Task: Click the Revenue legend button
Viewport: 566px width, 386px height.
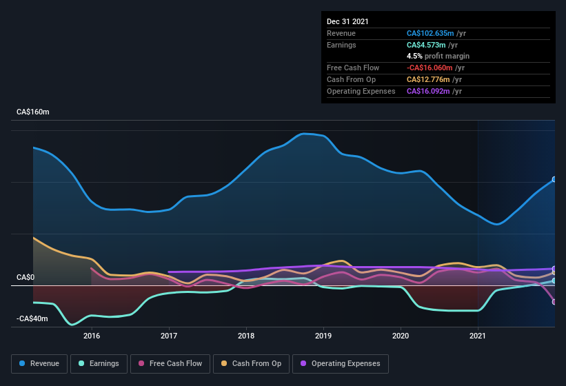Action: [39, 363]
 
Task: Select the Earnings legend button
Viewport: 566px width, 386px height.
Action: [99, 363]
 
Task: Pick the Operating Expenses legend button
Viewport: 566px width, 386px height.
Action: [341, 363]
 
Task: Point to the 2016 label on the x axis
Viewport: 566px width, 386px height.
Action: [92, 336]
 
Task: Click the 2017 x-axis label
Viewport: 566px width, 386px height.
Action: [169, 336]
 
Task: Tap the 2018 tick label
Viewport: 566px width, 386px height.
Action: [246, 336]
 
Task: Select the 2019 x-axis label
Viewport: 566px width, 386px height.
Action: [323, 336]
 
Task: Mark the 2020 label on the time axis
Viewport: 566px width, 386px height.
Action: [401, 336]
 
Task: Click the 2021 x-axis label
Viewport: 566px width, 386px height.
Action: [478, 336]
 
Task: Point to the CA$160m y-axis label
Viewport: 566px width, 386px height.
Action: [33, 112]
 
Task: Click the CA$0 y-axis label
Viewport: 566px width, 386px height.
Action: [26, 277]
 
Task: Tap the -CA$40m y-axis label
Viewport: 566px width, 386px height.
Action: [32, 318]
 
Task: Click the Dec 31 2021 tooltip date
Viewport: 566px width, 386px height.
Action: [347, 21]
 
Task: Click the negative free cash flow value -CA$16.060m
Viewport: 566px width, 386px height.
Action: [430, 68]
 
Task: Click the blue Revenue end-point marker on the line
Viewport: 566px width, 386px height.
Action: [554, 179]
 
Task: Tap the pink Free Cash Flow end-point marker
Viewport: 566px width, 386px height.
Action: [554, 302]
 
